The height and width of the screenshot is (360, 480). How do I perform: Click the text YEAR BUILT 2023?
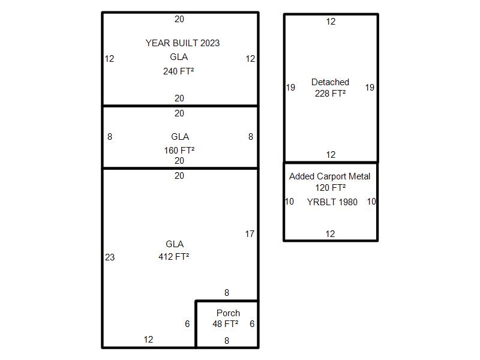pos(183,43)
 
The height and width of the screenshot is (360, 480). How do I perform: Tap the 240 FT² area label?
pos(178,71)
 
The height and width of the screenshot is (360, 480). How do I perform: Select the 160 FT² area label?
pos(179,151)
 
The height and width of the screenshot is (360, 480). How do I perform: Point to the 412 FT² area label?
pos(174,256)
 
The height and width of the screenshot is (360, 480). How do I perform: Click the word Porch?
pos(229,313)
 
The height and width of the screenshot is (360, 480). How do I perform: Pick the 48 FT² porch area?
pos(226,323)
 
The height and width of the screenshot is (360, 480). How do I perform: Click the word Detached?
pos(331,82)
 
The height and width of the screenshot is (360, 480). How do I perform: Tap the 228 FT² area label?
pos(331,93)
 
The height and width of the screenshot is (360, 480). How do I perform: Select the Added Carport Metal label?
pos(329,176)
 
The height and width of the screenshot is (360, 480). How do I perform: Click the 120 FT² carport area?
pos(331,187)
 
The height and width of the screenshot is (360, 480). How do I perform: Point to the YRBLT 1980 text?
pos(332,202)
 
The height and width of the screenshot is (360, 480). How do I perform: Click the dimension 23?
pos(110,257)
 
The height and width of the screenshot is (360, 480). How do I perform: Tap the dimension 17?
pos(250,234)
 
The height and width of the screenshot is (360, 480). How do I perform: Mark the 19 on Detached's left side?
pos(290,88)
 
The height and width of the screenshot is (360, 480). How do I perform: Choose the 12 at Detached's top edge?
pos(331,22)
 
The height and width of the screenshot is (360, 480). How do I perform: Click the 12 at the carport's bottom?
pos(331,234)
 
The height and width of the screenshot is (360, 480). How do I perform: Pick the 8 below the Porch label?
pos(227,340)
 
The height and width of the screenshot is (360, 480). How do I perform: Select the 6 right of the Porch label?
pos(252,324)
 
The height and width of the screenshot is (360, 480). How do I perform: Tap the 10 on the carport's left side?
pos(290,202)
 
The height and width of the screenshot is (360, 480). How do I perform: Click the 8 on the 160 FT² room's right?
pos(251,137)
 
